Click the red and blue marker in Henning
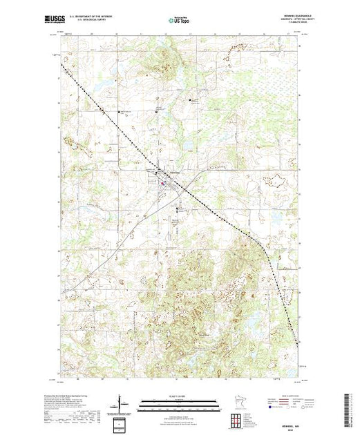coord(163,183)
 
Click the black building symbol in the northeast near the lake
coord(191,101)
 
